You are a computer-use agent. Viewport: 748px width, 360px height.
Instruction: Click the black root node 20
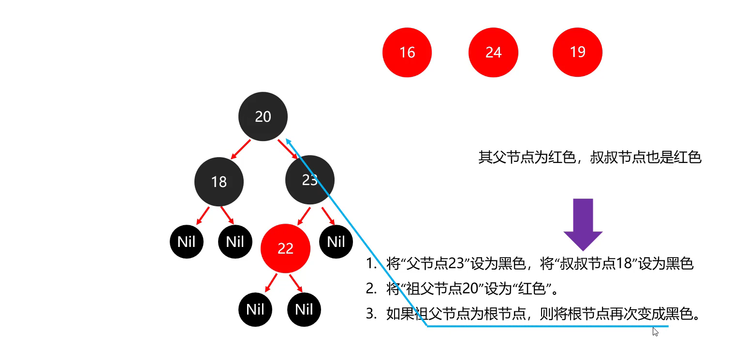tap(263, 116)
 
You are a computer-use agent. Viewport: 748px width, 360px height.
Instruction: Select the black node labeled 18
tap(219, 182)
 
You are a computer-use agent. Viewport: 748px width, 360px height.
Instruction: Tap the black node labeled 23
tap(309, 180)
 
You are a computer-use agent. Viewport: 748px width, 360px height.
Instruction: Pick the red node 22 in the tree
tap(285, 248)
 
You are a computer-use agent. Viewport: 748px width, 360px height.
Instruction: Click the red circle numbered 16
tap(407, 53)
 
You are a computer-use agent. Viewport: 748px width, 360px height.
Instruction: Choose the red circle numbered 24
tap(493, 53)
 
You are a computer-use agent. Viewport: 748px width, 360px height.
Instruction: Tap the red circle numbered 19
tap(577, 52)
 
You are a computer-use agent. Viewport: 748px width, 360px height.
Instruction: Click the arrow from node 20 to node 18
tap(241, 149)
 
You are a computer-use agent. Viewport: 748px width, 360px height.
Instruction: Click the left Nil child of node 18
tap(187, 242)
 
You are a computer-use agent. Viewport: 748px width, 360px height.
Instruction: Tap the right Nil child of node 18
tap(235, 242)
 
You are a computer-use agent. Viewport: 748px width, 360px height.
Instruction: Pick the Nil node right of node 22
tap(336, 242)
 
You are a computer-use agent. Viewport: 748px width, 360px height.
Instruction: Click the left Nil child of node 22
tap(255, 309)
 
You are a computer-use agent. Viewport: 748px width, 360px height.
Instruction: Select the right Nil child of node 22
tap(304, 309)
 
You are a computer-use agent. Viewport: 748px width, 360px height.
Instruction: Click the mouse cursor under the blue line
tap(655, 331)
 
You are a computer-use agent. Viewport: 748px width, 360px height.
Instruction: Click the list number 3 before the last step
tap(370, 314)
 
